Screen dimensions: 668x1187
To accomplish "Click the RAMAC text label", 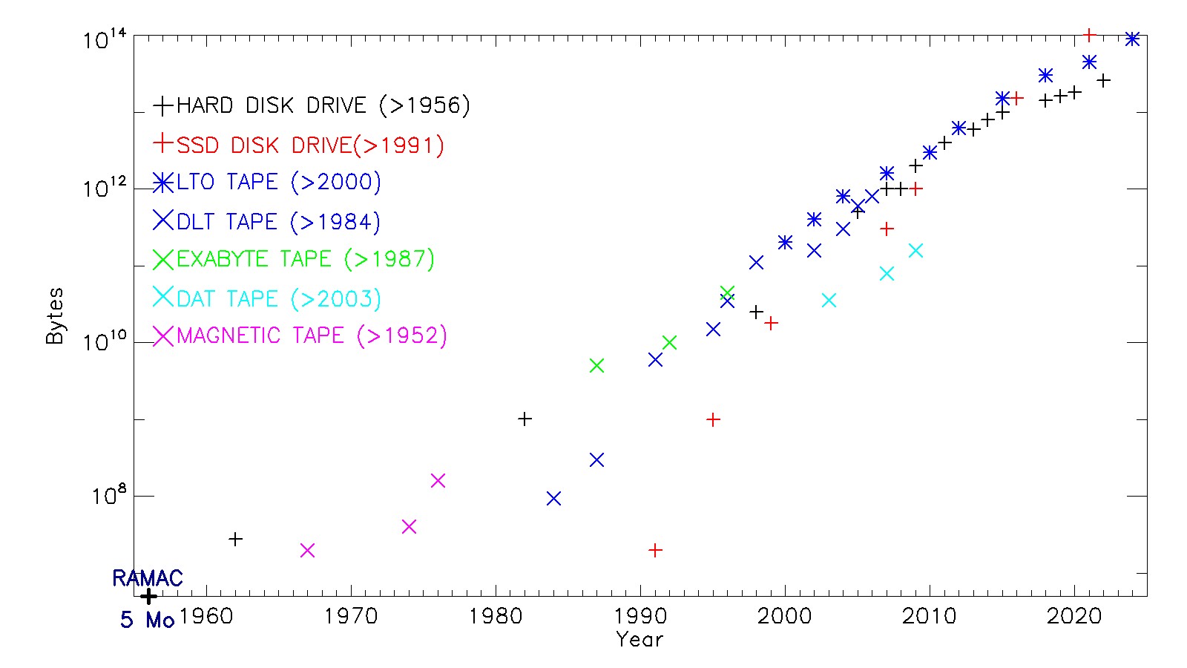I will coord(147,578).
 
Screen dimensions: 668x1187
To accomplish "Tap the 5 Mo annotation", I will coord(147,620).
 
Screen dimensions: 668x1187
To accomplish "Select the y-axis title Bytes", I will coord(55,316).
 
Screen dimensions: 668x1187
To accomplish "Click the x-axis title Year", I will coord(639,640).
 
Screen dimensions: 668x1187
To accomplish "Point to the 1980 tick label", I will coord(495,617).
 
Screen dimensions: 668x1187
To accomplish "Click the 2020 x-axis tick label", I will coord(1073,617).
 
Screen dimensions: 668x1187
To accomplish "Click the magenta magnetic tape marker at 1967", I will coord(307,550).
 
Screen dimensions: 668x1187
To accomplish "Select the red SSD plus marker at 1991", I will coord(655,550).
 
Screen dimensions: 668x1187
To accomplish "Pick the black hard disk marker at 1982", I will coord(525,419).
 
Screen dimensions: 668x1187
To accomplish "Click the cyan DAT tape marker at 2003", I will coord(829,300).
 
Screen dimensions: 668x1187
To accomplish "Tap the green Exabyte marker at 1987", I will coord(596,365).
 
